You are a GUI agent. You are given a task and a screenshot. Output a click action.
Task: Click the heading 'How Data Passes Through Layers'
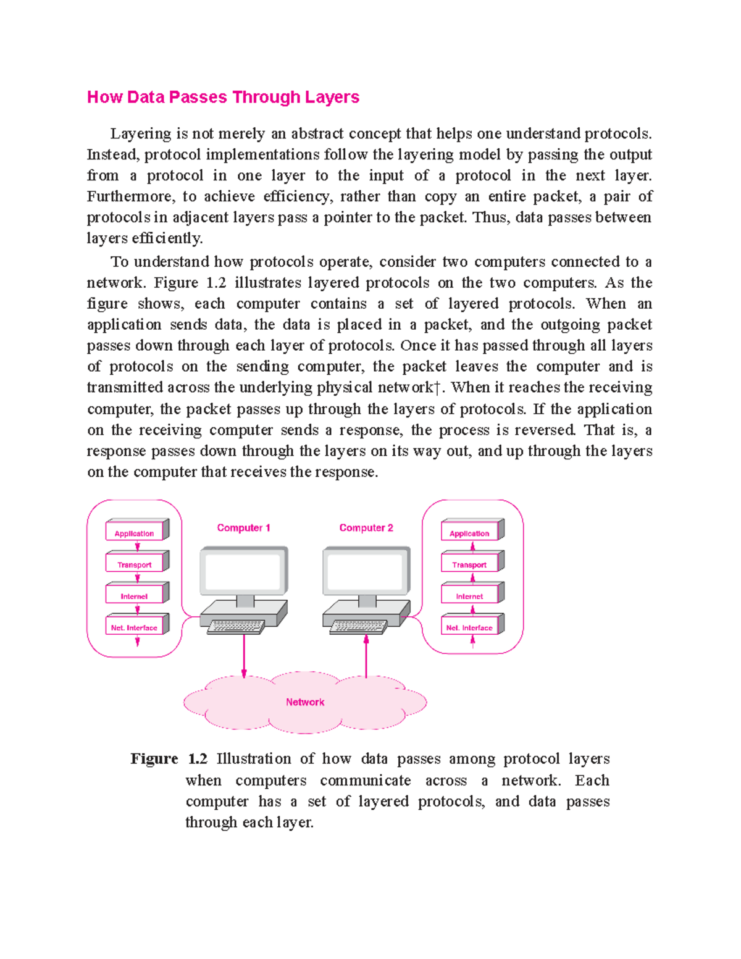tap(223, 98)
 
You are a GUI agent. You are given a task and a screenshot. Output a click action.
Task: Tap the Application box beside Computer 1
tap(135, 533)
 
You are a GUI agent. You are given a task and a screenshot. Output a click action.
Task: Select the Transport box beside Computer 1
tap(135, 564)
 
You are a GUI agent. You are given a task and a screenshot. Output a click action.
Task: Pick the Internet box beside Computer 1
tap(135, 596)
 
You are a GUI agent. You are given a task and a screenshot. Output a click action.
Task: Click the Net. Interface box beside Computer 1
tap(135, 627)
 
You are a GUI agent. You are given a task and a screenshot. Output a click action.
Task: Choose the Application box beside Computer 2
tap(470, 533)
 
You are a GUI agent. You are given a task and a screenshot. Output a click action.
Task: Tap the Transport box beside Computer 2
tap(470, 564)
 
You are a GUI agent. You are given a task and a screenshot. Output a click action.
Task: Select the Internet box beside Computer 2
tap(470, 596)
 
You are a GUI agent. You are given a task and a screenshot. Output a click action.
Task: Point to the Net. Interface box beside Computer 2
tap(470, 627)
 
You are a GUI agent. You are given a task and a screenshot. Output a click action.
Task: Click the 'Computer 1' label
tap(243, 528)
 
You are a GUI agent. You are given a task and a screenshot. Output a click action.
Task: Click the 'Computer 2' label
tap(366, 528)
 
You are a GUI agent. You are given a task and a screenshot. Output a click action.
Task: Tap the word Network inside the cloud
tap(305, 702)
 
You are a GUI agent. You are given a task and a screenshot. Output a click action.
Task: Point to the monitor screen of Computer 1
tap(243, 571)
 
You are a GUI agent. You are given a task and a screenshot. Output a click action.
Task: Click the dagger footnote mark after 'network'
tap(437, 388)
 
